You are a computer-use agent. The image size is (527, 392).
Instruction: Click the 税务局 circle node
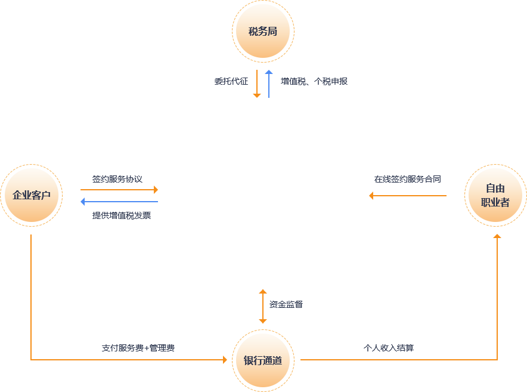coord(263,31)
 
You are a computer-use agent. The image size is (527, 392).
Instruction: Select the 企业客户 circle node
coord(31,196)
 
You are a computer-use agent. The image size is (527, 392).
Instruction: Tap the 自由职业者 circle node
coord(495,196)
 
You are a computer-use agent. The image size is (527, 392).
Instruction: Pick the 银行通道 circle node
coord(263,360)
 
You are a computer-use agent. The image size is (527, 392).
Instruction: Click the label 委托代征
coord(231,81)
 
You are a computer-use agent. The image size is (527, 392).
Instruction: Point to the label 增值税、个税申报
coord(314,81)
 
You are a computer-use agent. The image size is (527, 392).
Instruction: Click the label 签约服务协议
coord(117,179)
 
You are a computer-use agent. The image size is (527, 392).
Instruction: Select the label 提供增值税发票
coord(122,215)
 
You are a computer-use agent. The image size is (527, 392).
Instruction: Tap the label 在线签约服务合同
coord(408,179)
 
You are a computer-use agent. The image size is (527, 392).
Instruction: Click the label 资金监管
coord(286,304)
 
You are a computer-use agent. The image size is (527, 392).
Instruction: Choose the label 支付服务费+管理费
coord(138,348)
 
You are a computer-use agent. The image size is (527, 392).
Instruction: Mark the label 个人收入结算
coord(389,348)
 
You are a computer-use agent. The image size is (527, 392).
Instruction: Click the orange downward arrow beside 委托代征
coord(257,84)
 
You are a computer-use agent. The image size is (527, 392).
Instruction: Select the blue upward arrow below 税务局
coord(269,84)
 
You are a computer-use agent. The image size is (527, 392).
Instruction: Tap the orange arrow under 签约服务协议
coord(119,190)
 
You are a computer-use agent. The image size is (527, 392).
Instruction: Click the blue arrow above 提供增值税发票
coord(119,202)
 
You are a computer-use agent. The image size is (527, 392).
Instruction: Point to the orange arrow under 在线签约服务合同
coord(408,196)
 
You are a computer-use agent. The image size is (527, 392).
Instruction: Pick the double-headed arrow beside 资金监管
coord(263,307)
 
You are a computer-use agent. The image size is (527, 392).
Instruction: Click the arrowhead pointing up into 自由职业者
coord(497,236)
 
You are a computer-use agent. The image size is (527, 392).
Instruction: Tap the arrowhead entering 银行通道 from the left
coord(225,360)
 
